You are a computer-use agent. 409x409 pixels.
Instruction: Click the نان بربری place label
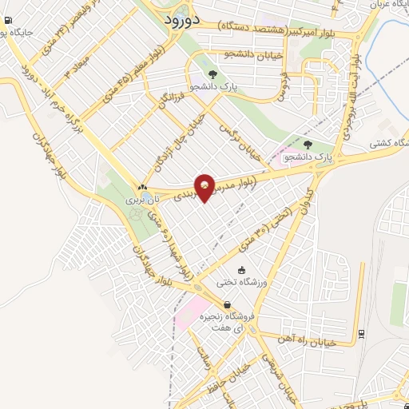coord(146,198)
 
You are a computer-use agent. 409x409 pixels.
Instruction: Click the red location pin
coord(204,187)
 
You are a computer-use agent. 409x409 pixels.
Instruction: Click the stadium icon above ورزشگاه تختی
coord(242,272)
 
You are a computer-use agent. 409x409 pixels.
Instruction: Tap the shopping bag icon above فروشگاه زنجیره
coord(228,304)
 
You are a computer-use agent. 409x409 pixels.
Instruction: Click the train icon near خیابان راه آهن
coord(362,333)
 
